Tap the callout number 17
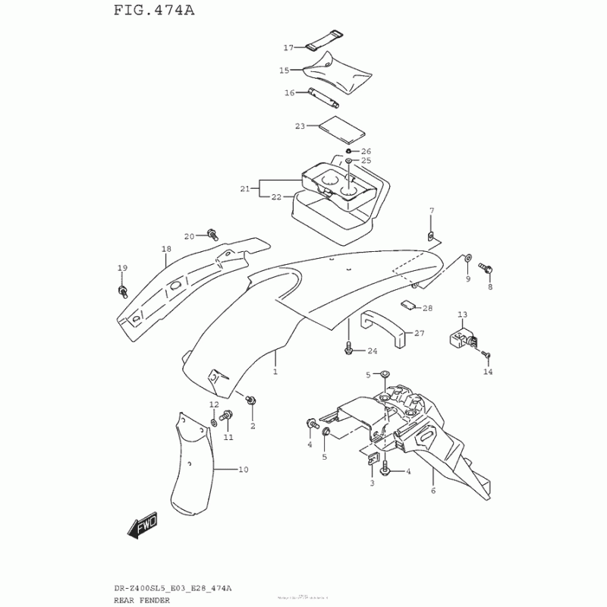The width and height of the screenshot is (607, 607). point(288,48)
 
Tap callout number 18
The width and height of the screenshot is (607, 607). point(166,249)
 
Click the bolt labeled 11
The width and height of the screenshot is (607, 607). point(225,416)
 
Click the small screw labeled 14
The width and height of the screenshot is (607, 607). point(489,355)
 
